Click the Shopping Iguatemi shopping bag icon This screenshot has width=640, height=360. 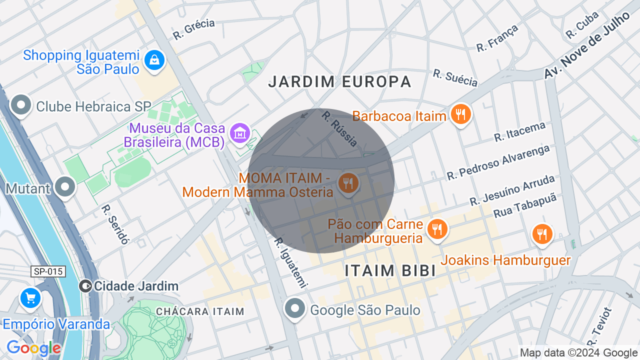pos(155,60)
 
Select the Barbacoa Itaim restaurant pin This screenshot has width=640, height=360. pos(460,114)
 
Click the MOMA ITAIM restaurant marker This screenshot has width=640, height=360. pos(348,183)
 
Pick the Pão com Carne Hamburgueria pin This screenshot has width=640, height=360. pos(437,229)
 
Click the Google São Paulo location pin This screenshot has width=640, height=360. pos(295,309)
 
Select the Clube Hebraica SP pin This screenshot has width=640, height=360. pos(21,105)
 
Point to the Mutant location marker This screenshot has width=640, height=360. pos(65,187)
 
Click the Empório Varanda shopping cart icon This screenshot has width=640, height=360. pos(30,298)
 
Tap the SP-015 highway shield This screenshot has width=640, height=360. pos(48,271)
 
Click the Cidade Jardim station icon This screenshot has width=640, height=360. pos(85,286)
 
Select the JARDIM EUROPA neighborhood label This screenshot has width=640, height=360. pos(339,81)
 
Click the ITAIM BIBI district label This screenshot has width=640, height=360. pos(390,270)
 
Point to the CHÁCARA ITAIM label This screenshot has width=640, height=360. pos(200,311)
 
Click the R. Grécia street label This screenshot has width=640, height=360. pos(193,29)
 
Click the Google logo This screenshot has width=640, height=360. pos(33,348)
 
